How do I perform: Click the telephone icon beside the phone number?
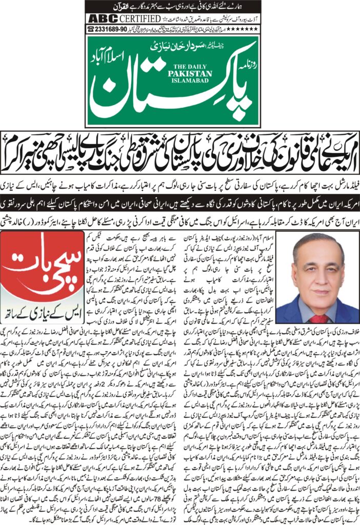(92, 29)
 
